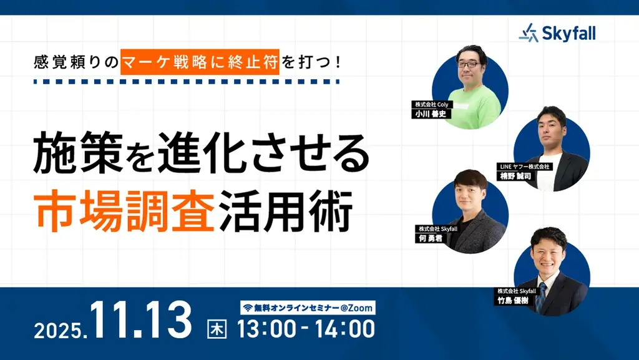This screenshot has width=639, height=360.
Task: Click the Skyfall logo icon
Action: [528, 32]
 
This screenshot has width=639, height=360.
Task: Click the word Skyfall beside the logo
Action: [568, 33]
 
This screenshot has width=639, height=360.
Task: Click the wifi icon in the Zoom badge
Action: [247, 308]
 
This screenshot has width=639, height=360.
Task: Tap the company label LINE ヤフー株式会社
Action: [524, 167]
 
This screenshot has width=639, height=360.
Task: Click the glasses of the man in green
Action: [469, 64]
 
